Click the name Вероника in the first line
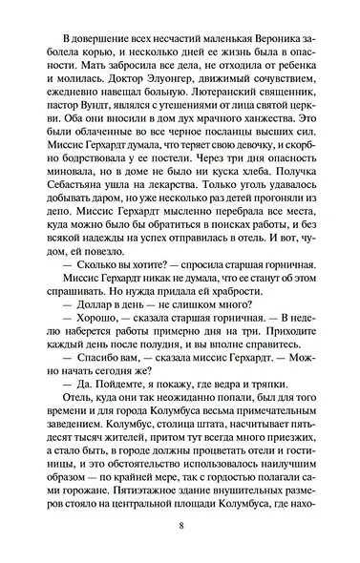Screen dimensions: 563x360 click(x=269, y=33)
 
